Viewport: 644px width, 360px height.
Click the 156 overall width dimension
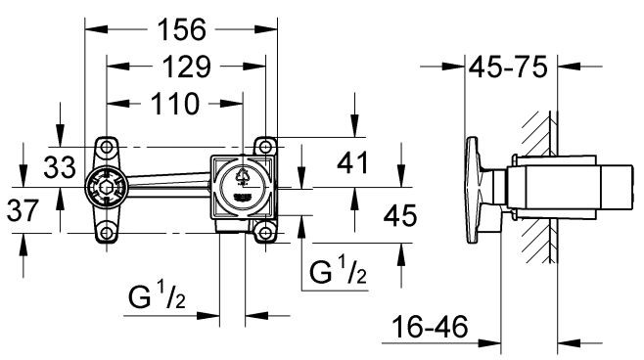(x=181, y=30)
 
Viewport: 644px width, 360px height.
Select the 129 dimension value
(x=185, y=67)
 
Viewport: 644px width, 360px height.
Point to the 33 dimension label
(x=59, y=167)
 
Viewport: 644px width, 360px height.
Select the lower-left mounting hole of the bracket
(x=106, y=231)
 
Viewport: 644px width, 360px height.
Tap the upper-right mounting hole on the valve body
(x=263, y=146)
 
